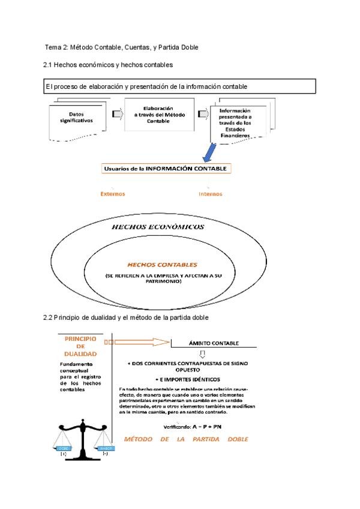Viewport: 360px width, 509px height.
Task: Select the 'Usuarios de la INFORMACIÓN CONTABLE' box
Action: click(166, 169)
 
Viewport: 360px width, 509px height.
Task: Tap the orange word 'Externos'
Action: click(113, 194)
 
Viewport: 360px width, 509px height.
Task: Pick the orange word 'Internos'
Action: click(210, 194)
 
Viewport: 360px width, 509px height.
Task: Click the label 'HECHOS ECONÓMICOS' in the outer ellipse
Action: click(158, 227)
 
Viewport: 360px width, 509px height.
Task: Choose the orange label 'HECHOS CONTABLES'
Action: click(162, 264)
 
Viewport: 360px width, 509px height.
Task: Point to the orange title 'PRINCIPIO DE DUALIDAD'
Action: click(81, 346)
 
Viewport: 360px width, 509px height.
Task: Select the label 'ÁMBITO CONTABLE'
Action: click(214, 343)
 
